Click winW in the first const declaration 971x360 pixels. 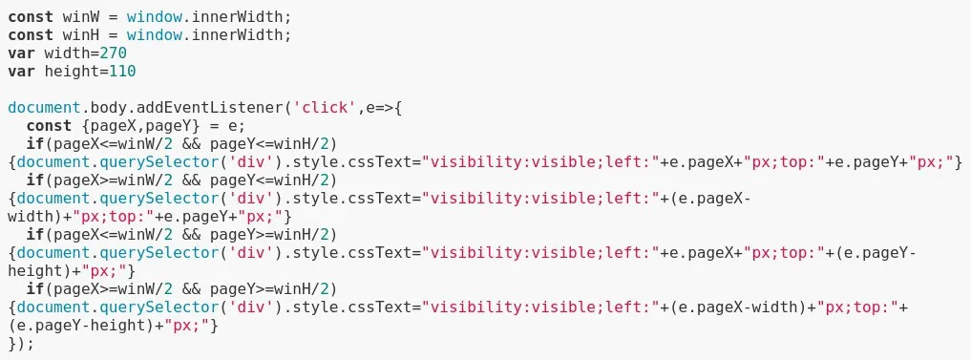pos(80,17)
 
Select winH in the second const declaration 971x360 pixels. pos(80,34)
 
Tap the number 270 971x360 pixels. pos(113,53)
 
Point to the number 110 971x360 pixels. pos(122,72)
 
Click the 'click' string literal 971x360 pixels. pos(322,108)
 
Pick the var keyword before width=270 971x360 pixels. pos(22,53)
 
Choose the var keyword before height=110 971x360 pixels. pos(22,72)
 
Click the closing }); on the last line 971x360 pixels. pos(22,343)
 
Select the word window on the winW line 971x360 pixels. pos(154,17)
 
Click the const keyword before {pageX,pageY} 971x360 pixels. pos(49,126)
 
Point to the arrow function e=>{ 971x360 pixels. pos(385,108)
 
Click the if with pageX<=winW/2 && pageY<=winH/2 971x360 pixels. pos(35,144)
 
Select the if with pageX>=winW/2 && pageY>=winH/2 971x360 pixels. pos(35,288)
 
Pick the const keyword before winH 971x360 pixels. pos(31,34)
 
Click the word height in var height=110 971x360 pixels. pos(72,72)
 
